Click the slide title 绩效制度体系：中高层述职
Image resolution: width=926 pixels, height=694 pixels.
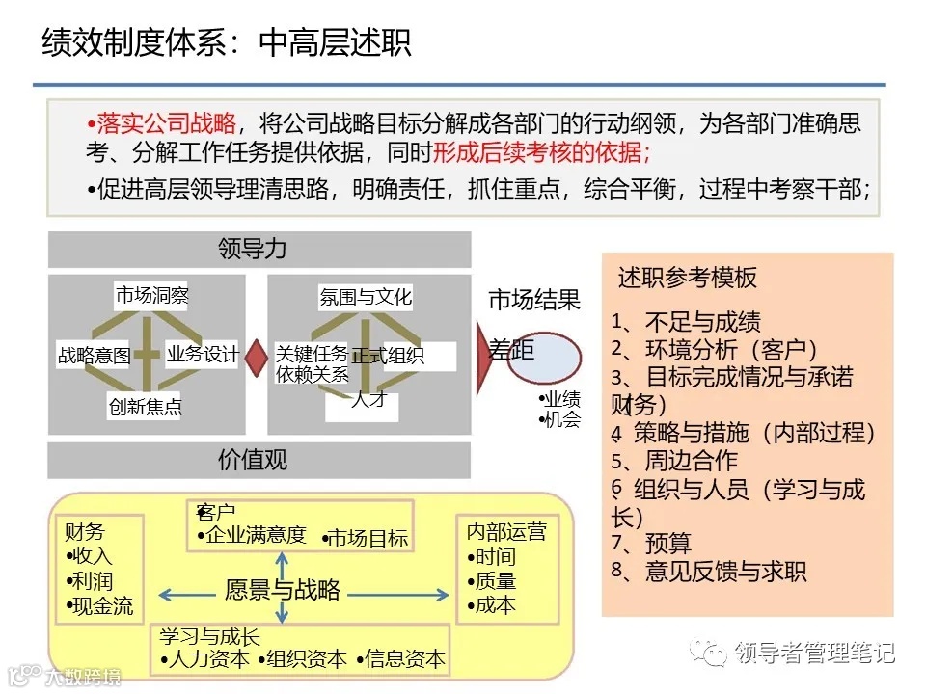(227, 42)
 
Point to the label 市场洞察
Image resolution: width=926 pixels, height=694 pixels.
(151, 295)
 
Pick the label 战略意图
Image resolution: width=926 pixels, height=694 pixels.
(94, 356)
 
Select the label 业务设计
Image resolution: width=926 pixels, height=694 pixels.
(203, 354)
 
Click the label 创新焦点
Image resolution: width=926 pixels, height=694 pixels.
(145, 407)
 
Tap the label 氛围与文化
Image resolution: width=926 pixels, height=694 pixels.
(366, 297)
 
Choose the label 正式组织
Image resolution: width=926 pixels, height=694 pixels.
(388, 356)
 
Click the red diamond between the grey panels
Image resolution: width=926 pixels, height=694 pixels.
(256, 357)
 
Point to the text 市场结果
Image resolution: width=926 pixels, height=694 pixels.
(534, 301)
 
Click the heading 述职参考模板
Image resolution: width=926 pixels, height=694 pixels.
(688, 279)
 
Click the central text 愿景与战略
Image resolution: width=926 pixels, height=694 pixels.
(283, 590)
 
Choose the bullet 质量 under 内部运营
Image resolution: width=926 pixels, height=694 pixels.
(492, 581)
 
